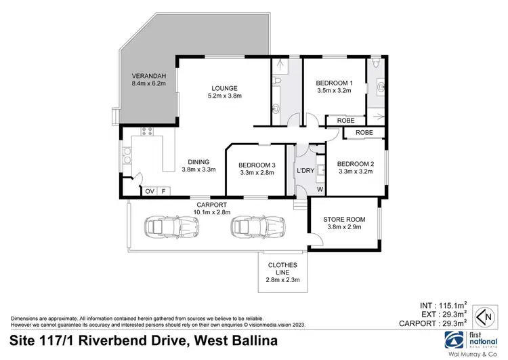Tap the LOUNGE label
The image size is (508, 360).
(x=224, y=88)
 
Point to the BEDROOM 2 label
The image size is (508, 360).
(x=355, y=163)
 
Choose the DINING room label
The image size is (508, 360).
(x=198, y=161)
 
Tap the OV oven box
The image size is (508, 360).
(x=150, y=192)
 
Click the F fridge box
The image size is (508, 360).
(x=163, y=192)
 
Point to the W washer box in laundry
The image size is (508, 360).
(x=320, y=189)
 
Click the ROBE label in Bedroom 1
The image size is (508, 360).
(x=345, y=121)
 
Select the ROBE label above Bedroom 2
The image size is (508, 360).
(x=364, y=132)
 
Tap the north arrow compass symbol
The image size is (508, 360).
(x=484, y=317)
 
